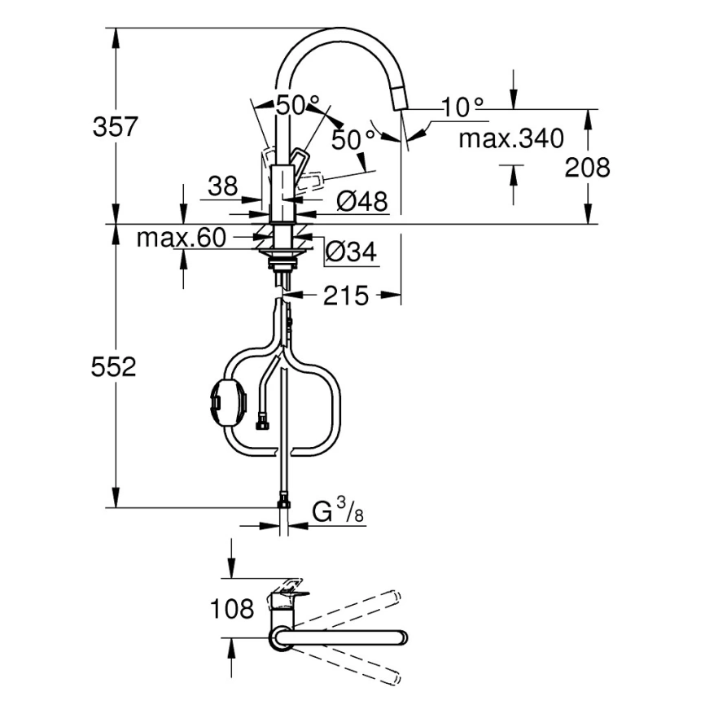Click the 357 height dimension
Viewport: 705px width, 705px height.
click(116, 127)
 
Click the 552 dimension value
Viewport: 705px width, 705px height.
click(113, 367)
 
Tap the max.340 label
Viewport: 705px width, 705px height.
click(510, 138)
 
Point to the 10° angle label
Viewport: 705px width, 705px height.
click(463, 107)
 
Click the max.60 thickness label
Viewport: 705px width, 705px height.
click(180, 239)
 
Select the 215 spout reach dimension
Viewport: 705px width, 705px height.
click(345, 296)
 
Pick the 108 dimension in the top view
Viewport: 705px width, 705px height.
click(231, 608)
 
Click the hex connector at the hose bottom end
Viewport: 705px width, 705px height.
click(282, 501)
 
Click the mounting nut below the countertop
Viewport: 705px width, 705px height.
click(282, 262)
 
